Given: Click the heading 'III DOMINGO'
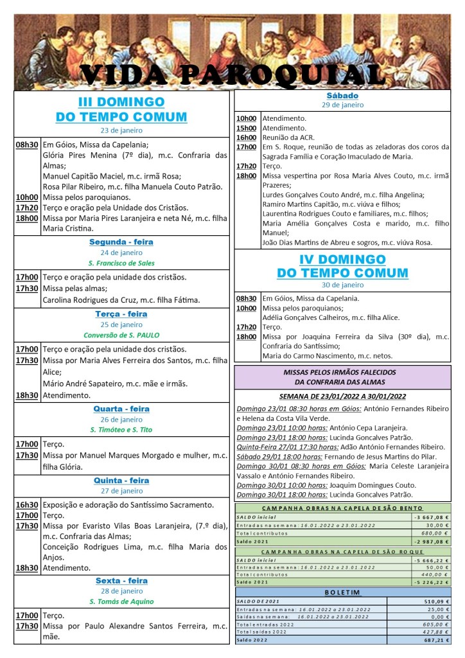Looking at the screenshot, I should pos(121,102).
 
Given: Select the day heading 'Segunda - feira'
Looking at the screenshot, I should pos(121,242).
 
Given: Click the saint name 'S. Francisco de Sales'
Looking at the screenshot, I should pos(121,263).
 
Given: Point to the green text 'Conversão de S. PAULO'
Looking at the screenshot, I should pos(121,335).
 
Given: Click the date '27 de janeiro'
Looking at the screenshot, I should pos(121,491).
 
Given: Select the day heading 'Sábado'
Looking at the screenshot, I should pos(342,96).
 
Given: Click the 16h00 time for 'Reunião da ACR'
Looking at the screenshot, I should pos(247,138).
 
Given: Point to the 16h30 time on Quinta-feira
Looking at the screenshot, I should pos(27,505).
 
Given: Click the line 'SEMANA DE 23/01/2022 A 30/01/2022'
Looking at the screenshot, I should pos(342,396).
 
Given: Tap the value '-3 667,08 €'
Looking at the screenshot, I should pos(431,517).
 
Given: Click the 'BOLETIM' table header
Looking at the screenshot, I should pos(342,592).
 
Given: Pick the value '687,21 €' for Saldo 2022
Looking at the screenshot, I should pos(434,640).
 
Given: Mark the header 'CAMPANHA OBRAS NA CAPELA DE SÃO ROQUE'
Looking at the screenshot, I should pos(342,551).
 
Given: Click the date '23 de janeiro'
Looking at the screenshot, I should pos(121,130).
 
